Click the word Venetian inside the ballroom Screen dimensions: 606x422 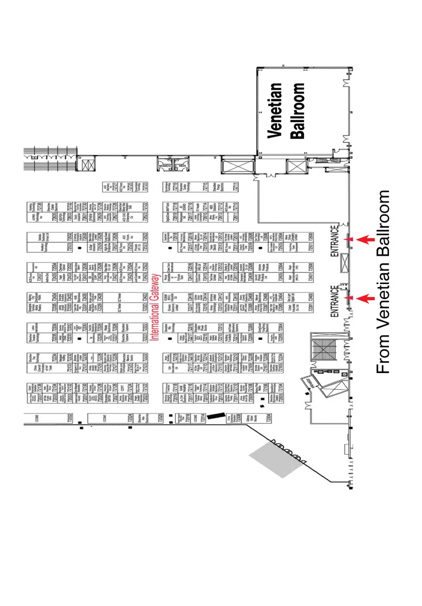(275, 111)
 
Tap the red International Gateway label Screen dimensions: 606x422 (155, 307)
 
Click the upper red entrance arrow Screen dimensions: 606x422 (365, 240)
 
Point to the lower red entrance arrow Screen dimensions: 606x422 (365, 299)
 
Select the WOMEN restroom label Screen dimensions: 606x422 (165, 166)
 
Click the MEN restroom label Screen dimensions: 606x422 (182, 166)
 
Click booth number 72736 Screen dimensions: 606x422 (40, 206)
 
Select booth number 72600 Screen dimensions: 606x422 (311, 236)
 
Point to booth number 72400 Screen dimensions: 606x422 (311, 297)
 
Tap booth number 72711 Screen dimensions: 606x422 (236, 187)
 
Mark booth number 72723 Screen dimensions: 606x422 (145, 187)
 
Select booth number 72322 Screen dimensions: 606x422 (145, 327)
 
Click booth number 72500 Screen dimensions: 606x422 (311, 267)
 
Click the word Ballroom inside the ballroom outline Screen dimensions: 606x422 (298, 111)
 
